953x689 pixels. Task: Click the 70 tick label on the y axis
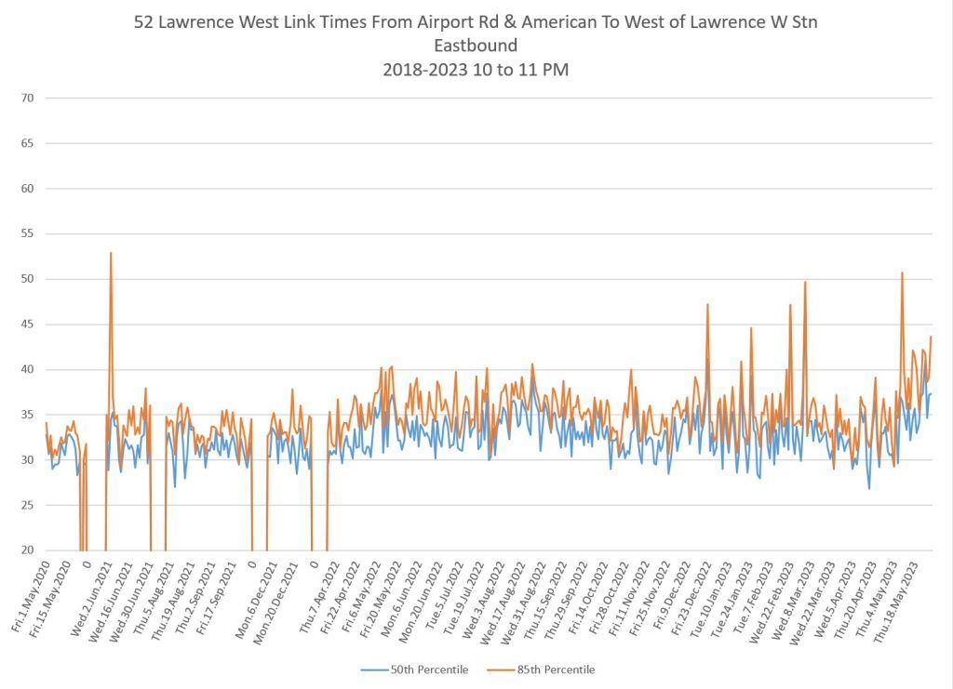27,98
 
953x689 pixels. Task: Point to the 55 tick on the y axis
27,233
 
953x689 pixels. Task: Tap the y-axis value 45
27,325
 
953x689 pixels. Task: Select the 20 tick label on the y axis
27,550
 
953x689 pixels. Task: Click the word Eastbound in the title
476,45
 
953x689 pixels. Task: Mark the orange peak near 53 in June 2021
111,253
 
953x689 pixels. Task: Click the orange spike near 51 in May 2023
902,273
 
